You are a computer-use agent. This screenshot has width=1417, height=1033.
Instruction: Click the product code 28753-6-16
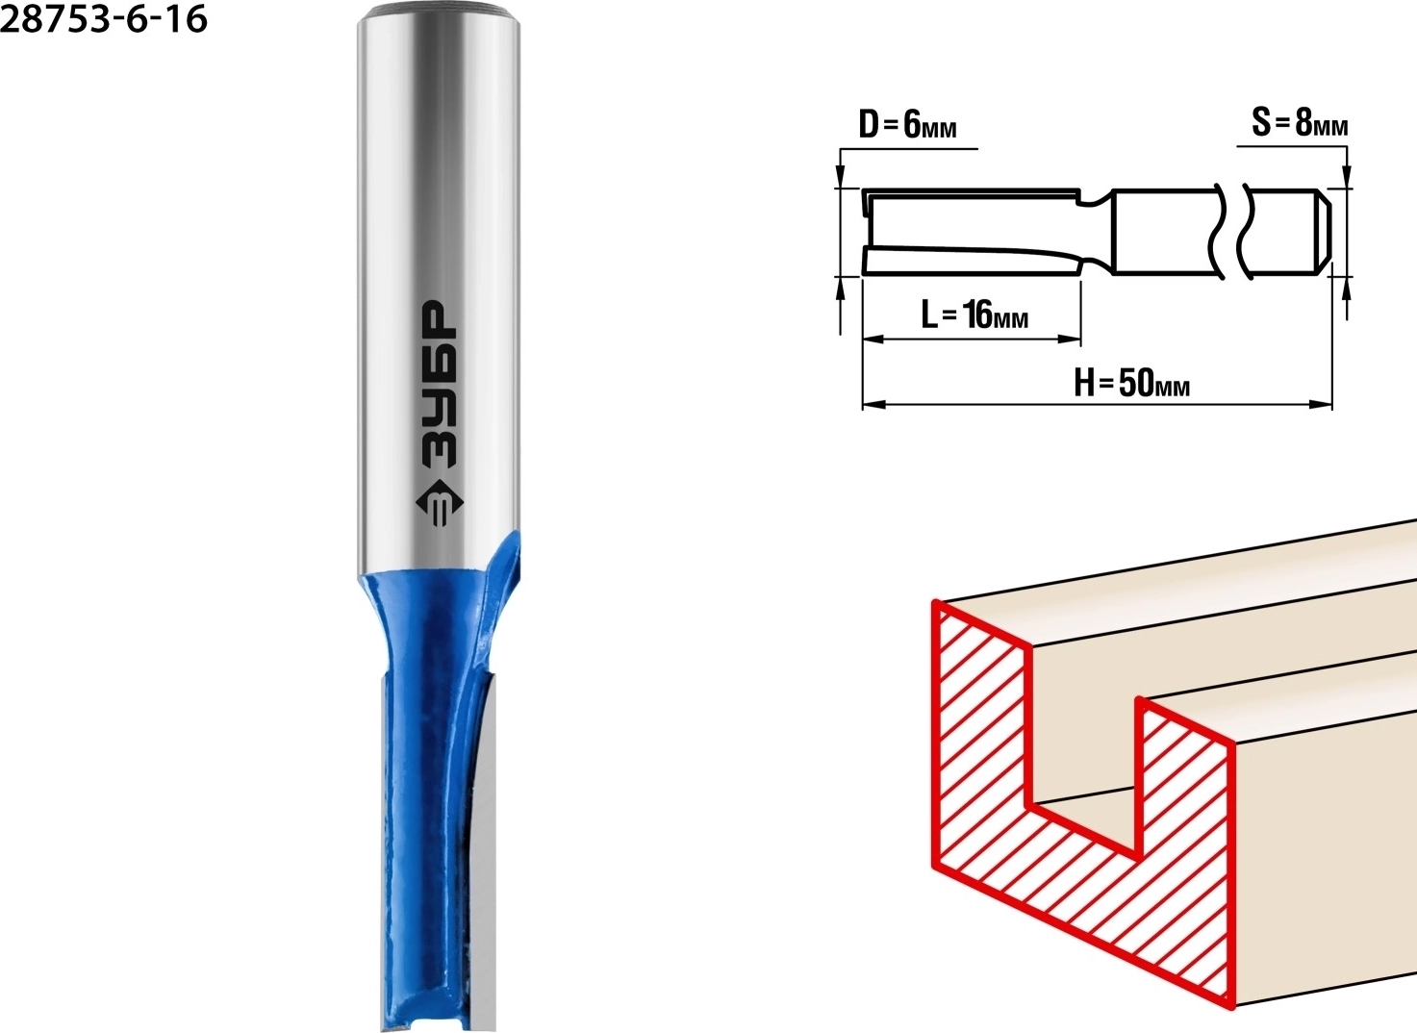coord(104,19)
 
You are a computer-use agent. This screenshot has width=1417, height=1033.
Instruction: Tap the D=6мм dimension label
coord(907,124)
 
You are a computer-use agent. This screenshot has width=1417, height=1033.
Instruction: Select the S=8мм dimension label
coord(1300,122)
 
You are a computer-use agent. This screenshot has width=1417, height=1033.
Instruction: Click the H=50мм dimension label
coord(1131,383)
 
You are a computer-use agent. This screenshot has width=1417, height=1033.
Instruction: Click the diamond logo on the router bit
coord(439,504)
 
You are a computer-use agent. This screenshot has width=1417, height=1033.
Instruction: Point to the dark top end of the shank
coord(439,11)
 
